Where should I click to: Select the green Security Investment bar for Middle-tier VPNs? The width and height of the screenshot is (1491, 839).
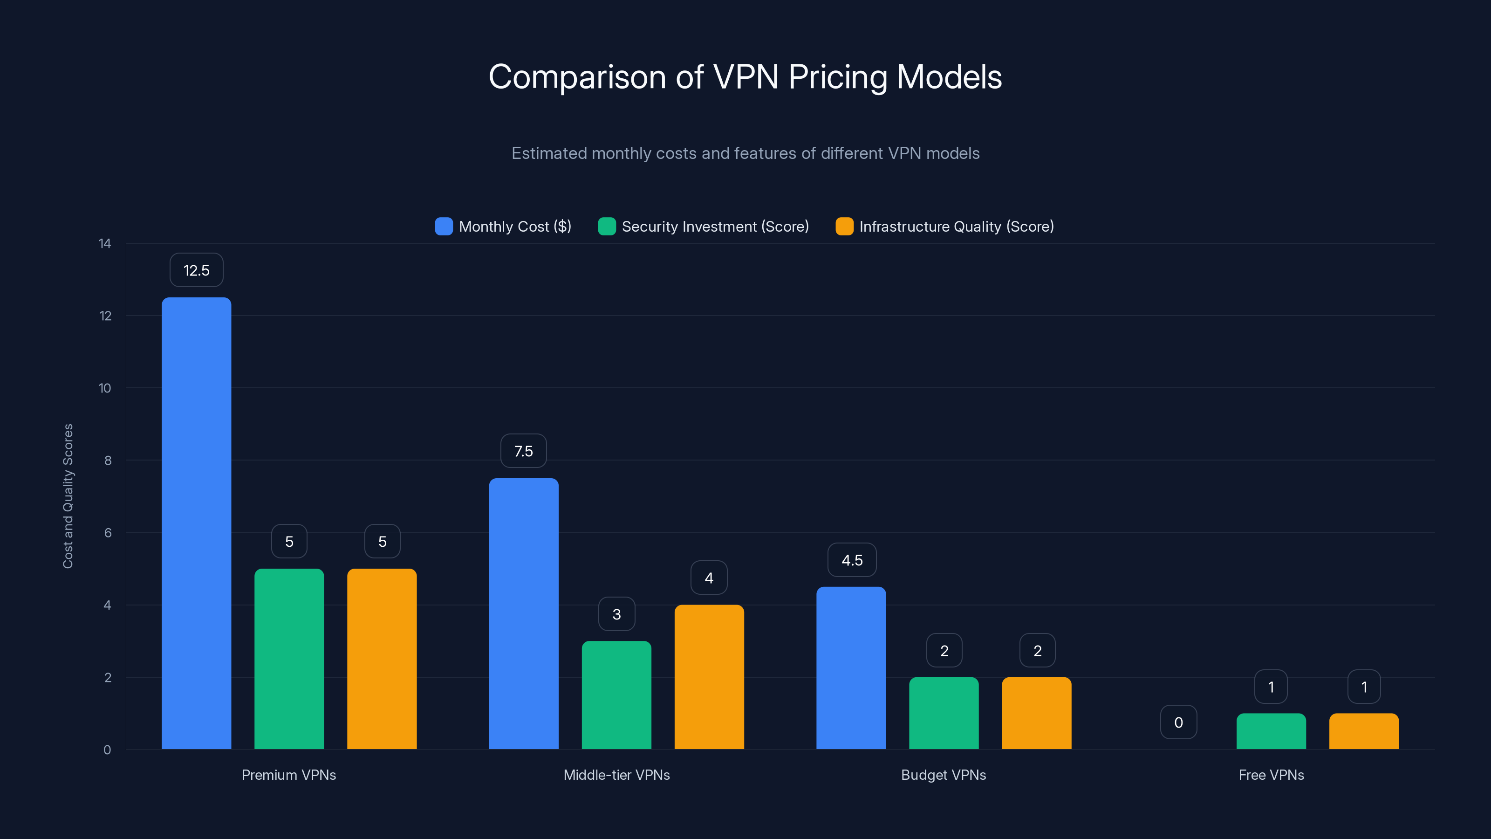coord(616,695)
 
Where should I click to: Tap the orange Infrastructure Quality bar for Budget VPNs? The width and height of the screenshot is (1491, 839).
coord(1037,713)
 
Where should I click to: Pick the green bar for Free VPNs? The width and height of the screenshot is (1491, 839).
coord(1271,731)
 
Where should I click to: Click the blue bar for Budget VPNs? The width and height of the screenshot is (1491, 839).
coord(851,667)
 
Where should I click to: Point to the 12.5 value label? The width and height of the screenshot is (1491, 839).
coord(196,270)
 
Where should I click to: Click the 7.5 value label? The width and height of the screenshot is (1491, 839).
coord(523,451)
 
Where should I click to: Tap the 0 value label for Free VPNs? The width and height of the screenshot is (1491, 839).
coord(1178,722)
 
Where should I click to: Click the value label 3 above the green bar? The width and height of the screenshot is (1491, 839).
coord(616,614)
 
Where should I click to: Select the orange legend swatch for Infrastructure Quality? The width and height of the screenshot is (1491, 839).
coord(844,227)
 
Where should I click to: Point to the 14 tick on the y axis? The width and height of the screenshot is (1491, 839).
coord(105,243)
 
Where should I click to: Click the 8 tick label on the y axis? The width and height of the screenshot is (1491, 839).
coord(108,461)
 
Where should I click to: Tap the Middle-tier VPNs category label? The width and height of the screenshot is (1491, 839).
coord(616,775)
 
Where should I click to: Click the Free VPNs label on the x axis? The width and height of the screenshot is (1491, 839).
coord(1271,775)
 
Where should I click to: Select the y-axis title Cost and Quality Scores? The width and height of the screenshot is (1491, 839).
coord(68,495)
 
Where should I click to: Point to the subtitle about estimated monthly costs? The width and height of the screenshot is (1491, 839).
coord(745,153)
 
